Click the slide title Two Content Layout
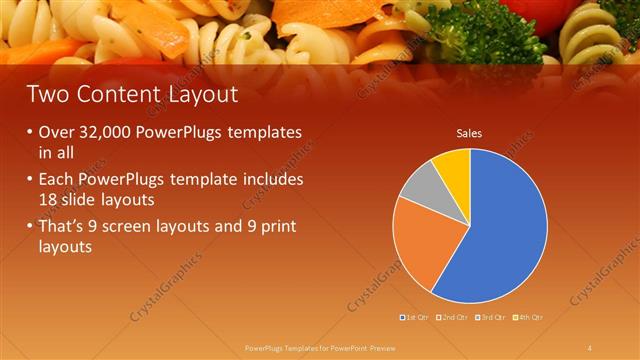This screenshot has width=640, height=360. pos(132,95)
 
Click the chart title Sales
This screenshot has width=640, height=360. pos(470,132)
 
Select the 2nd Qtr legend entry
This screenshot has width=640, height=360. pos(452,317)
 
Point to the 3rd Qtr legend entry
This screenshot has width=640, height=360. pos(490,317)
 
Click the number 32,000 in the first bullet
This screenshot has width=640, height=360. pos(105,133)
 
